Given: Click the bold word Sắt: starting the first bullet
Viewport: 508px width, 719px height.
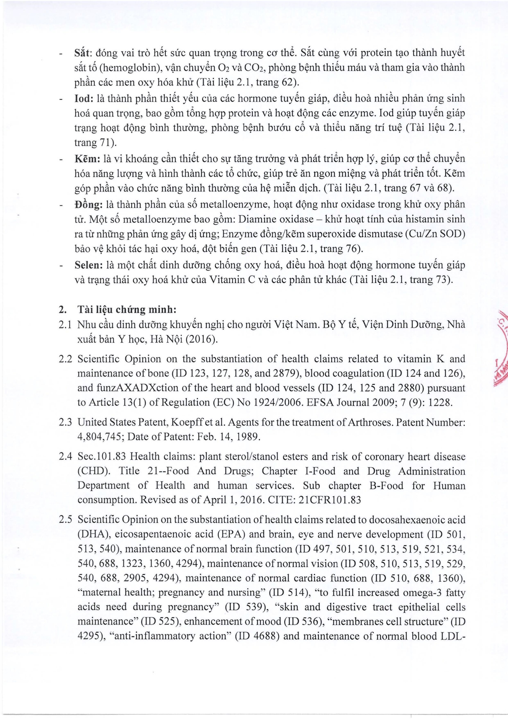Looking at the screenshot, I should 84,53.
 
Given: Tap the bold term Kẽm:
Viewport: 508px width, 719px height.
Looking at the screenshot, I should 87,159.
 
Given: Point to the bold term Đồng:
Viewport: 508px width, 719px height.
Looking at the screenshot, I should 88,205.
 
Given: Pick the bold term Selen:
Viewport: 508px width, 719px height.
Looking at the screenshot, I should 89,265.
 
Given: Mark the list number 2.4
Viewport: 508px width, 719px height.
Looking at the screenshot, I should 65,457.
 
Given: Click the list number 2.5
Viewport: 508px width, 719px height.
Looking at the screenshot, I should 65,520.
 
